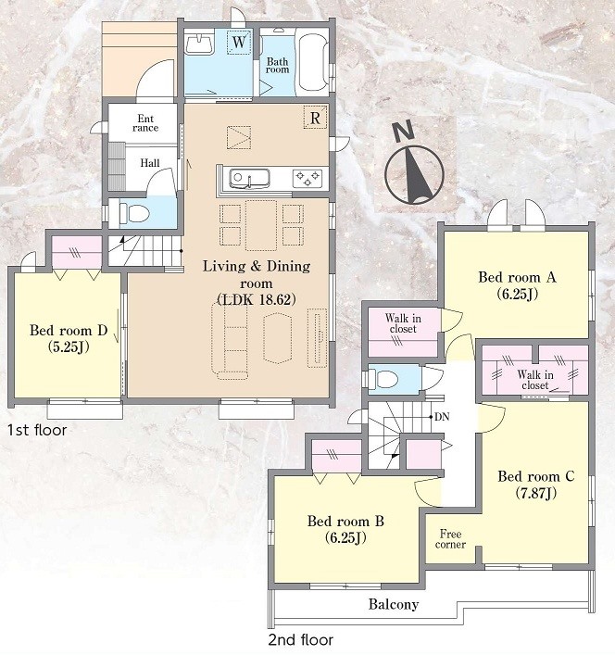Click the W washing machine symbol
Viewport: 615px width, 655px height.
[239, 42]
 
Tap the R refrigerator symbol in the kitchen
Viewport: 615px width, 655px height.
[315, 118]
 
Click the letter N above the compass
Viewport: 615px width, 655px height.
[404, 132]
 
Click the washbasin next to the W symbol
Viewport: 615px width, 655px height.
[200, 44]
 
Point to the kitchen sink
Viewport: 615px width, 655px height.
[249, 179]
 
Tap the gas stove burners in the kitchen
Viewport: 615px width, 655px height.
[307, 179]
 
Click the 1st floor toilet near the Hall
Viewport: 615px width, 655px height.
[134, 214]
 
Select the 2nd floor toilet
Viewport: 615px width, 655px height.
[386, 379]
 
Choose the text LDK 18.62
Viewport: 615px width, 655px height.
[257, 300]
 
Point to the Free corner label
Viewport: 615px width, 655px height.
[450, 539]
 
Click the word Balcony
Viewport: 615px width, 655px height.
[394, 604]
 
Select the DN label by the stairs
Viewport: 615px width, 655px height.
[442, 417]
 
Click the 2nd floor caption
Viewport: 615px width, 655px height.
[301, 640]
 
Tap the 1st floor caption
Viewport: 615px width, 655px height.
[37, 430]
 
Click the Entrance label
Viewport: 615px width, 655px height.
[145, 123]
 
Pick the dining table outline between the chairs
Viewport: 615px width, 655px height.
[261, 225]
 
